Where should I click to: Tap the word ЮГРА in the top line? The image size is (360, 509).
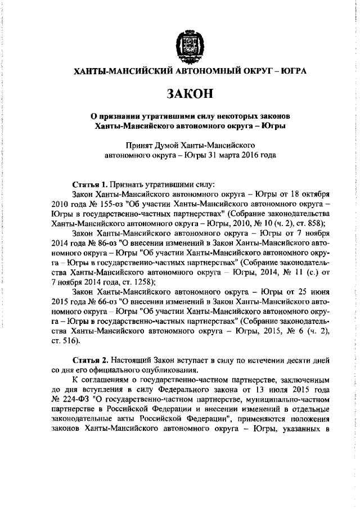(x=292, y=72)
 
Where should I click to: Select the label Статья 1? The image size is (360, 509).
(x=91, y=184)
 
